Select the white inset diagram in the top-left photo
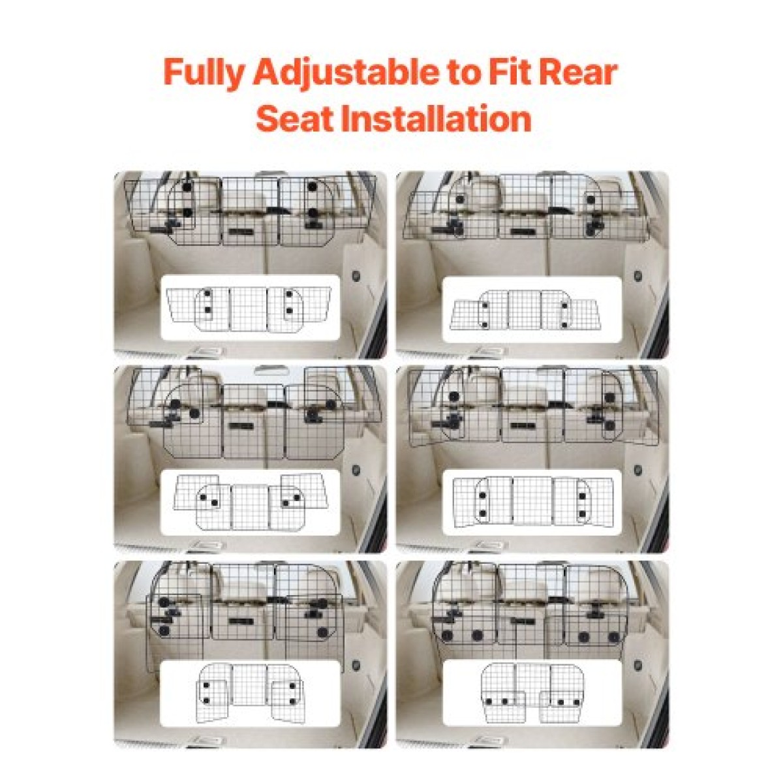[x=250, y=307]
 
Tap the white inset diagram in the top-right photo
[x=532, y=309]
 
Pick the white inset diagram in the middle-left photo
[x=250, y=502]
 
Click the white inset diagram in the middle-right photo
[x=532, y=502]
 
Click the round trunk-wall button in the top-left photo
[x=356, y=276]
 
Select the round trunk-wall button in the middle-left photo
[x=356, y=470]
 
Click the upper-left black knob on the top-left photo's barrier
[x=187, y=187]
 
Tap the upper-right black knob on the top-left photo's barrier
[x=312, y=187]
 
